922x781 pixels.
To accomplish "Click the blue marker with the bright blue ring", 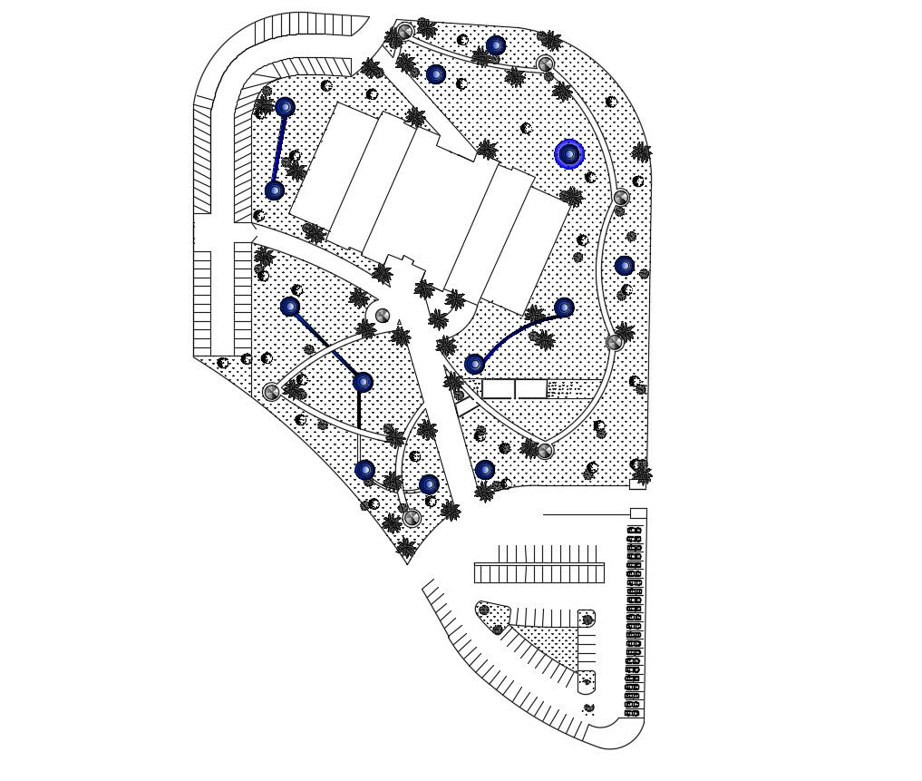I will [569, 154].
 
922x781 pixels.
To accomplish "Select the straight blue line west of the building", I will [280, 149].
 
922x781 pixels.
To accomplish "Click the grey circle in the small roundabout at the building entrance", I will [383, 315].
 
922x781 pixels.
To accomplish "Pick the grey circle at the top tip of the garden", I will [405, 32].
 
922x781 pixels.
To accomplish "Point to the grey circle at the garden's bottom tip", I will [412, 517].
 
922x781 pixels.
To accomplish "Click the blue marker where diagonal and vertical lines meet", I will [363, 383].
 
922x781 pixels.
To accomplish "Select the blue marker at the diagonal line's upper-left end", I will [290, 307].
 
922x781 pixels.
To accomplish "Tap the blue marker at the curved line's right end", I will [564, 308].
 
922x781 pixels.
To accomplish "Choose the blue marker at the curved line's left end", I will [474, 364].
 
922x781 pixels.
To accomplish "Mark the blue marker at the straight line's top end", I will [285, 107].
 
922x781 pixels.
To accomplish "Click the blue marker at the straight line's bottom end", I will [274, 190].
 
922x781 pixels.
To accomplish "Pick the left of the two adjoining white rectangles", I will [498, 389].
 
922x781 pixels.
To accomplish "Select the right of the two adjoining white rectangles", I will [531, 389].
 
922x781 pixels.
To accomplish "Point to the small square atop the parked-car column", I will [637, 514].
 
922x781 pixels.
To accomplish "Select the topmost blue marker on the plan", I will [495, 45].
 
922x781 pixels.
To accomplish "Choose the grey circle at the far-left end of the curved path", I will [271, 392].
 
